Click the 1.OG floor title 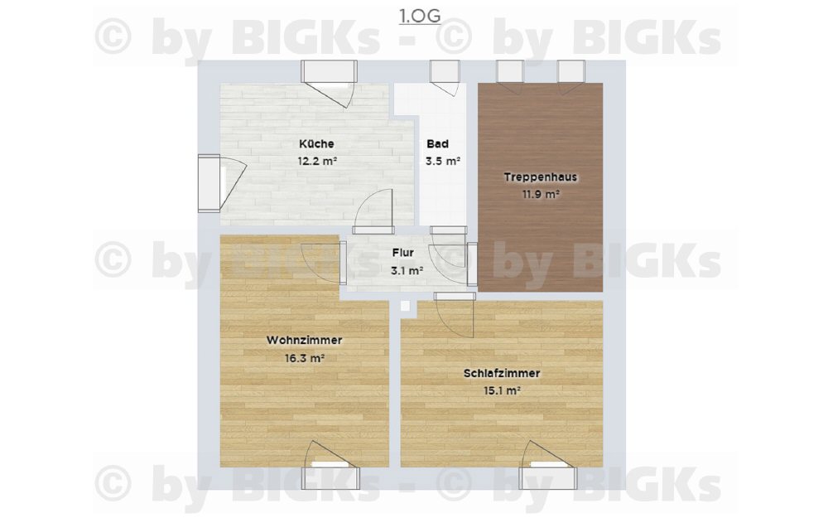tap(420, 17)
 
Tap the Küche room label tap(316, 143)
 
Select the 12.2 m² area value tap(317, 162)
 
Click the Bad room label tap(438, 143)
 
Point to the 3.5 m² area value tap(442, 162)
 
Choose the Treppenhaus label tap(540, 177)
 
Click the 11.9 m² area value tap(541, 194)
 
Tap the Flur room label tap(403, 253)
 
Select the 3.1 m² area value tap(407, 271)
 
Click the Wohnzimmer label tap(304, 340)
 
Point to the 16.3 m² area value tap(304, 358)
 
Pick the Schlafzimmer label tap(502, 373)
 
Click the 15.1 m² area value tap(503, 390)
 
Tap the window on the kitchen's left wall tap(209, 183)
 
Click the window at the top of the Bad tap(444, 71)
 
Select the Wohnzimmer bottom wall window tap(330, 478)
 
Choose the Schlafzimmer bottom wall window tap(547, 478)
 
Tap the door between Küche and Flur tap(374, 211)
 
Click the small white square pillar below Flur tap(405, 306)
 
